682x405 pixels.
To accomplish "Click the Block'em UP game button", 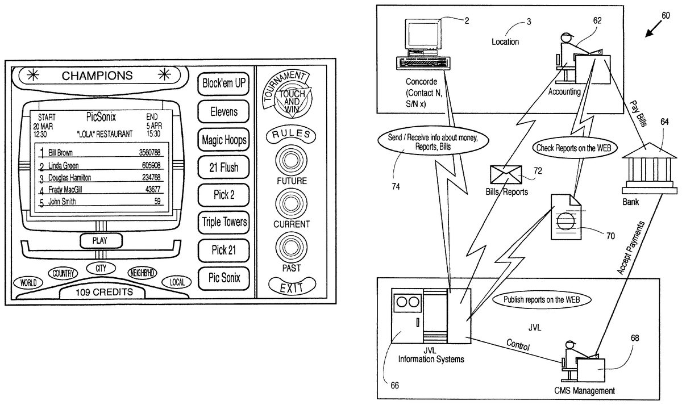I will [224, 84].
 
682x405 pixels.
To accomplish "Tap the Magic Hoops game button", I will [224, 139].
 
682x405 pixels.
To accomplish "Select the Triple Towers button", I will [224, 222].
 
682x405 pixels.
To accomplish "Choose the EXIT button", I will [291, 287].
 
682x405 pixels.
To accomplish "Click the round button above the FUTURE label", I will [291, 159].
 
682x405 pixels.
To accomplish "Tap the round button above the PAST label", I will [291, 247].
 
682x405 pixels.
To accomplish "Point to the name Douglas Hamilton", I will [69, 178].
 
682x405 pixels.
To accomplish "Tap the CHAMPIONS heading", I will [97, 76].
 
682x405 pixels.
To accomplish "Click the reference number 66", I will [394, 384].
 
